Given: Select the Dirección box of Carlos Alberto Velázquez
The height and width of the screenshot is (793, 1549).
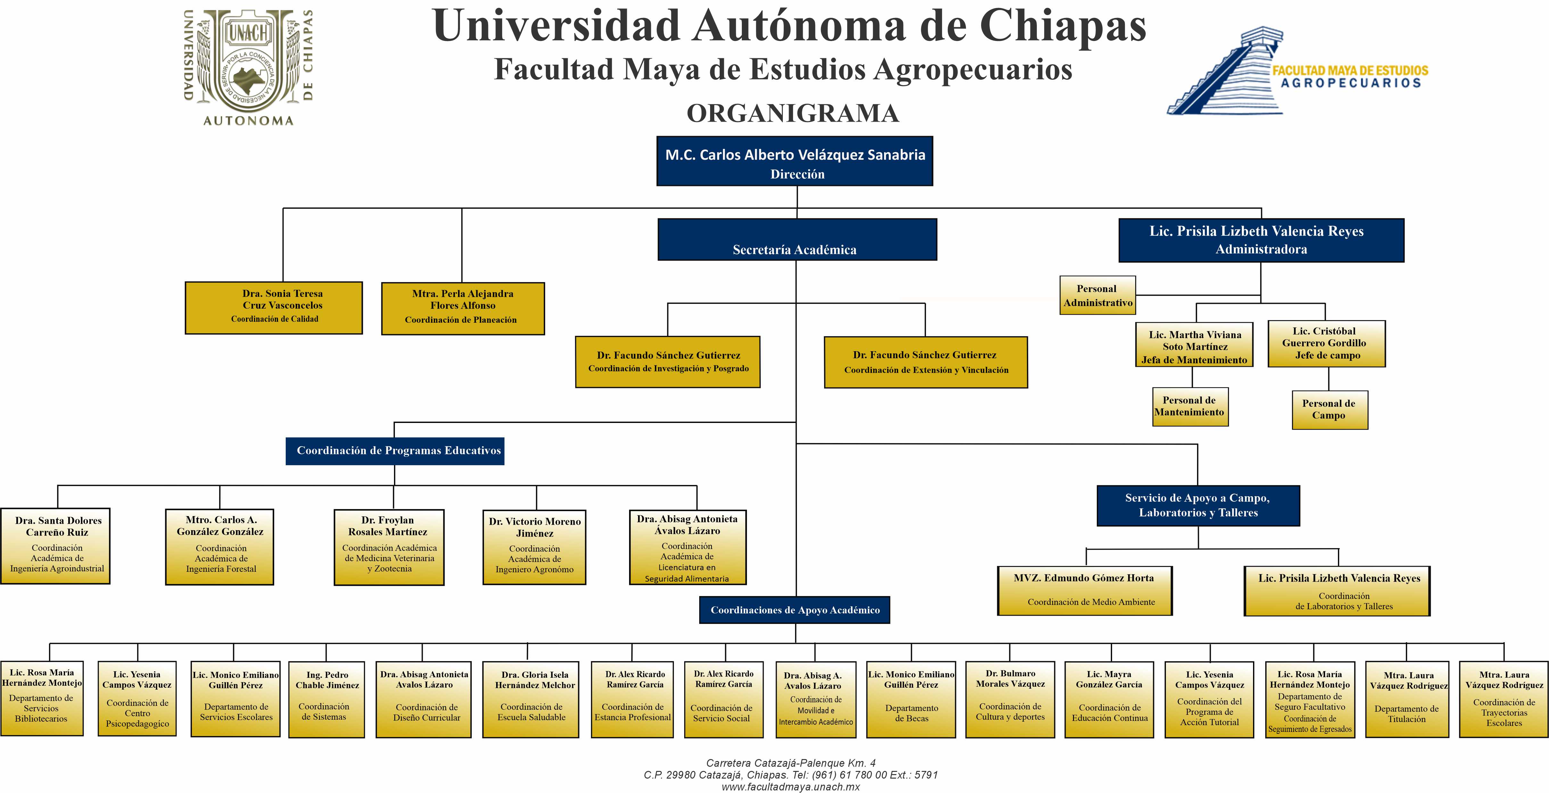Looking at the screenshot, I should (x=794, y=161).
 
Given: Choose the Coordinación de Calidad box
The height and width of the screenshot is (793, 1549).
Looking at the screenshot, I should (x=274, y=308).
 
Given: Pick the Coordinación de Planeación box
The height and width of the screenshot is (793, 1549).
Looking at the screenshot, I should (x=463, y=308).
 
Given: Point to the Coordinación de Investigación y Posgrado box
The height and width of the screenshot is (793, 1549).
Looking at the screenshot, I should (x=668, y=362).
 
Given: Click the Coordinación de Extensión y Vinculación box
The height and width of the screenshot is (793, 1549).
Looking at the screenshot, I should (x=925, y=362).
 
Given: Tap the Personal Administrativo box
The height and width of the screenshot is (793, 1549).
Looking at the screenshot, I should (x=1097, y=295).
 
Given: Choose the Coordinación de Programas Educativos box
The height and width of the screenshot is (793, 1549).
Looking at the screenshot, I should (x=395, y=451).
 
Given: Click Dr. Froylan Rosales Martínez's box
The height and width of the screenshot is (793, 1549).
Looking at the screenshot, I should (x=389, y=547).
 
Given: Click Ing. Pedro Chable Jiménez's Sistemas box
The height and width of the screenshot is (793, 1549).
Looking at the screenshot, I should (x=326, y=699).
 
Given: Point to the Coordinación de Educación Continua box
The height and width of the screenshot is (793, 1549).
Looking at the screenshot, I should (x=1109, y=699).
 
